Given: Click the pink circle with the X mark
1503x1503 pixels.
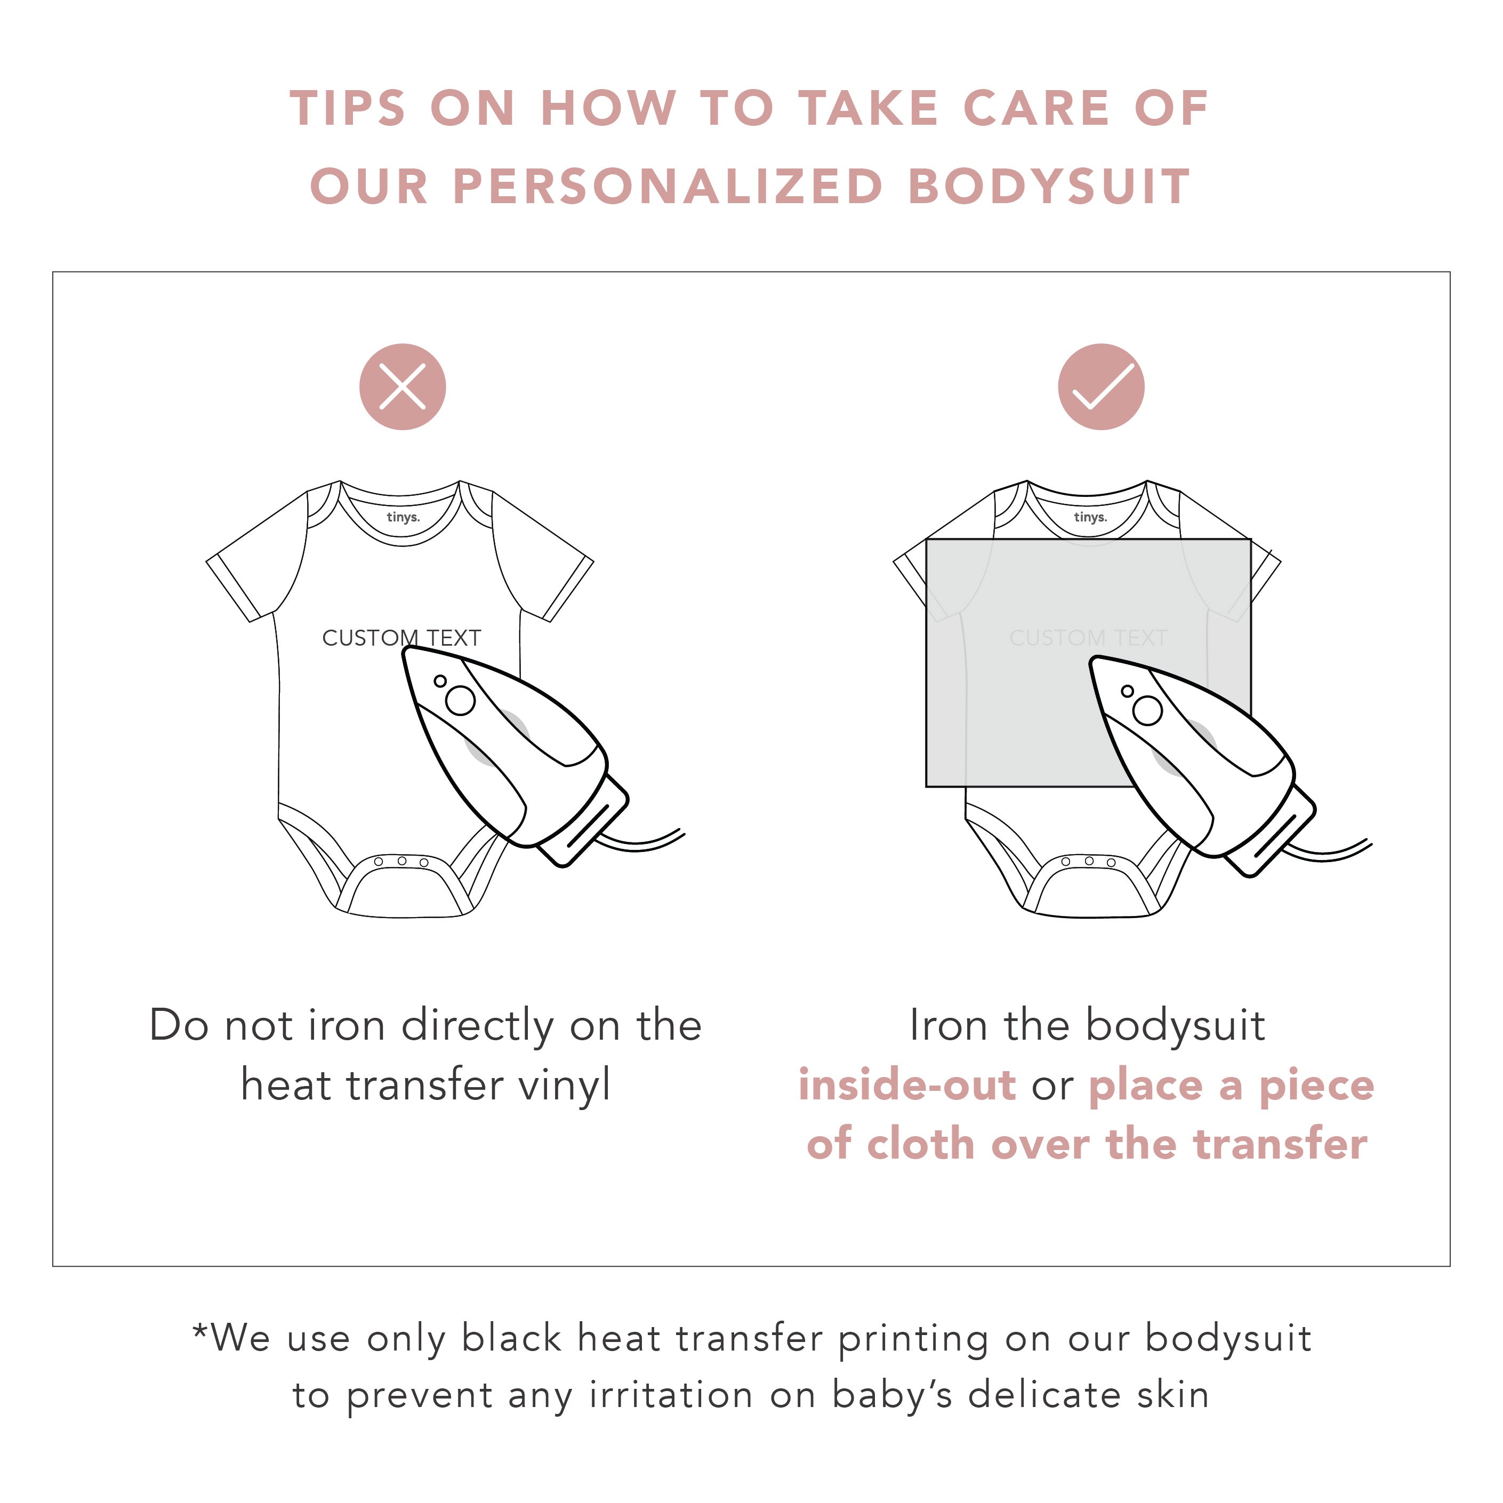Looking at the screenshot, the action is point(402,387).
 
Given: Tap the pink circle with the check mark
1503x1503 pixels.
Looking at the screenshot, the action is point(1101,387).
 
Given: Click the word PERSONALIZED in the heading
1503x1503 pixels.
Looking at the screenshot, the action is point(668,187).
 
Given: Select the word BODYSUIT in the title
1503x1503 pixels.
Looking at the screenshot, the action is point(1049,187).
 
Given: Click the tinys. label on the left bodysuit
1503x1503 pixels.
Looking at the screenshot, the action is point(403,517).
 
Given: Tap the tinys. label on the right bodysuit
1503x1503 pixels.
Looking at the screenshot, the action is point(1090,517).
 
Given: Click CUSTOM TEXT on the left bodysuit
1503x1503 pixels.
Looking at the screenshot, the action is point(401,638).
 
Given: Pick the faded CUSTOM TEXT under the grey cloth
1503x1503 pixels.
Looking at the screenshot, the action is point(1088,638).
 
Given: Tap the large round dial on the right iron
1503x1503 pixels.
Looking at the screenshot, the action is point(1147,710).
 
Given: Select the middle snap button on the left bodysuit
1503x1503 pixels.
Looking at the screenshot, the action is point(401,861).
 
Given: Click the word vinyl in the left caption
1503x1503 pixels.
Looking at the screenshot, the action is point(564,1086).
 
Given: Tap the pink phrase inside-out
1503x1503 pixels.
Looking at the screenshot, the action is point(907,1084).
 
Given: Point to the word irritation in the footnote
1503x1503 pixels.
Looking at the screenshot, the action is point(671,1395).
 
